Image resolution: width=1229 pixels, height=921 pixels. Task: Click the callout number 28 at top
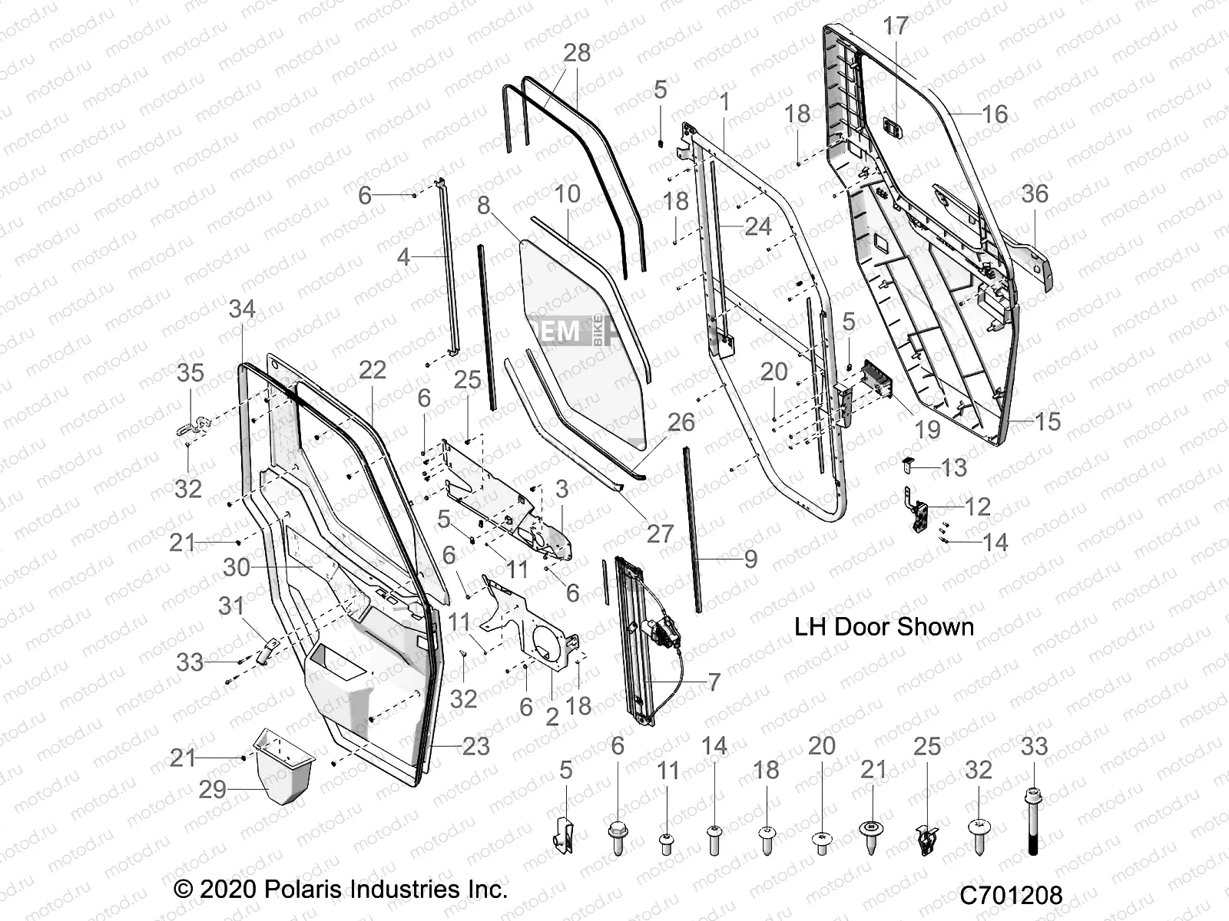click(x=577, y=52)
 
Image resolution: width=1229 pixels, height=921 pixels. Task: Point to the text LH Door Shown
click(x=883, y=626)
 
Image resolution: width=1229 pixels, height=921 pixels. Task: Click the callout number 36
click(x=1035, y=193)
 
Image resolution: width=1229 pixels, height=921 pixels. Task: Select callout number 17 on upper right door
click(x=896, y=25)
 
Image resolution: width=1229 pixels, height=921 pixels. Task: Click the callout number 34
click(x=242, y=309)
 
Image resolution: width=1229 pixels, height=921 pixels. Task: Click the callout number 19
click(x=927, y=429)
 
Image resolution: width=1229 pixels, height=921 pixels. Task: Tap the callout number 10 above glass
click(x=567, y=193)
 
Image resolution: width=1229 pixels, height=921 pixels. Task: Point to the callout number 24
click(x=757, y=226)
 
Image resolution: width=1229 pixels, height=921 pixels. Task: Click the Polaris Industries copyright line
click(x=341, y=890)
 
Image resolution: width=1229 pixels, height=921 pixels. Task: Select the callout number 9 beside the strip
click(x=750, y=559)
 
